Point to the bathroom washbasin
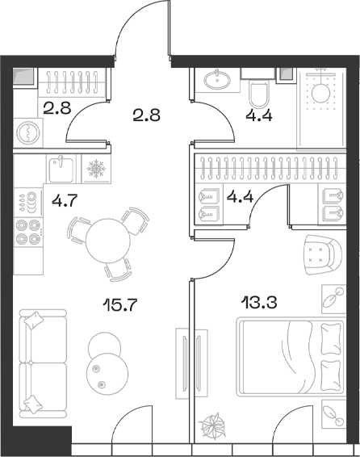pyautogui.click(x=217, y=81)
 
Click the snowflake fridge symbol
pyautogui.click(x=96, y=170)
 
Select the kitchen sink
pyautogui.click(x=57, y=170)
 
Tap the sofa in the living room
pyautogui.click(x=38, y=362)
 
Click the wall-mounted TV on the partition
pyautogui.click(x=187, y=351)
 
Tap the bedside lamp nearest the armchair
pyautogui.click(x=331, y=300)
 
